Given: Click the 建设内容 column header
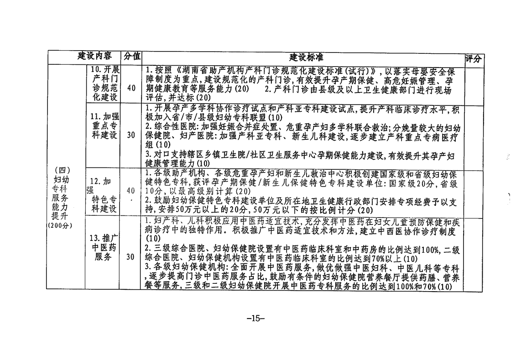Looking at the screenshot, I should pyautogui.click(x=94, y=57).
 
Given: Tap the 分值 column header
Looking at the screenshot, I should pyautogui.click(x=132, y=57).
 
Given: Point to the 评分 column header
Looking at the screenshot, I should pyautogui.click(x=473, y=58).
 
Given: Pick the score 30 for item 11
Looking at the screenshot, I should pyautogui.click(x=131, y=135).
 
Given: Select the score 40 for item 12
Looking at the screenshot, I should pyautogui.click(x=131, y=191).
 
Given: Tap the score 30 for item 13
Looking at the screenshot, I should pyautogui.click(x=131, y=257).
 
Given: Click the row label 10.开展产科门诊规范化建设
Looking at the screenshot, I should pyautogui.click(x=104, y=83).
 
